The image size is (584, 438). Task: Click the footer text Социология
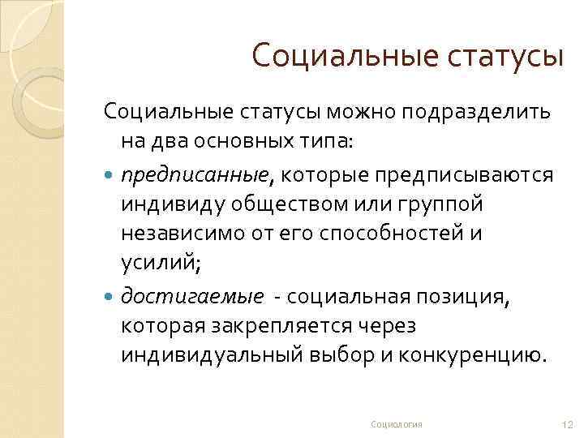[397, 424]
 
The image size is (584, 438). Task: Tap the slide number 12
[567, 424]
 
